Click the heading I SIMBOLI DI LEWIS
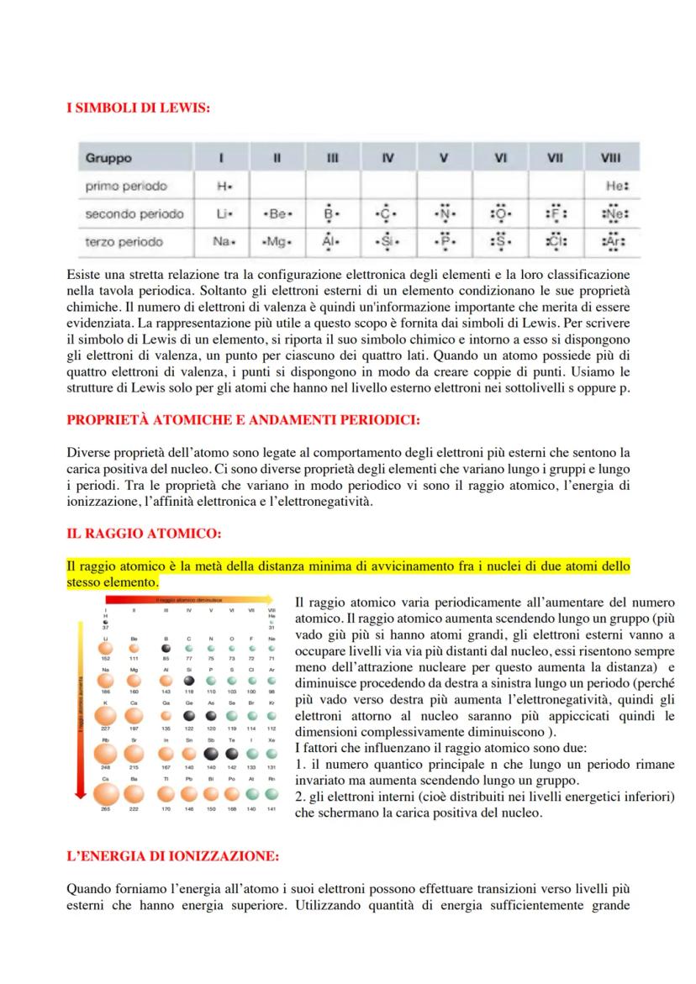138,108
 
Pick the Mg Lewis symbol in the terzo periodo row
278,243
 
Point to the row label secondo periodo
134,213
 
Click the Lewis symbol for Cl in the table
556,243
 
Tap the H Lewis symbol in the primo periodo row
222,186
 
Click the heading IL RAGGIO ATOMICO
142,532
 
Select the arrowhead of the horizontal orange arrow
273,601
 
